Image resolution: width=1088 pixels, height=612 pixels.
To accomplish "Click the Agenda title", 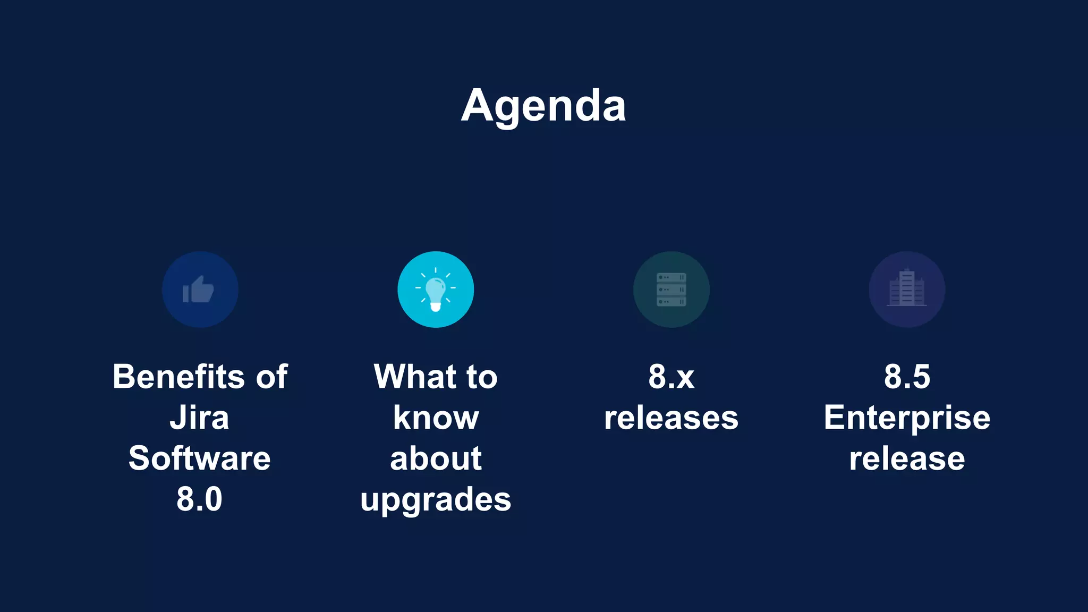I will (x=543, y=106).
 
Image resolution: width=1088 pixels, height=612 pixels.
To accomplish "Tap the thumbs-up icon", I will (x=199, y=290).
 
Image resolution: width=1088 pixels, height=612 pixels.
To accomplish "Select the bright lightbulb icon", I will (x=436, y=290).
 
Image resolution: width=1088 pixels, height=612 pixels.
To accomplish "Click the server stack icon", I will (x=671, y=290).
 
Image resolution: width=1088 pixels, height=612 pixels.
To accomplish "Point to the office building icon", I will (x=907, y=290).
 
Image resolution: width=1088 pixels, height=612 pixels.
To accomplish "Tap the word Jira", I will (x=199, y=418).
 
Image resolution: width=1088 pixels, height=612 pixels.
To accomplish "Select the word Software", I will (x=199, y=458).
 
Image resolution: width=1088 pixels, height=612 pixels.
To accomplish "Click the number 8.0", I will (x=199, y=499).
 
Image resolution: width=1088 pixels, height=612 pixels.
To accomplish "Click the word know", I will (x=436, y=418).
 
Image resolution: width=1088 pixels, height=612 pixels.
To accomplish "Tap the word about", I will (x=436, y=458).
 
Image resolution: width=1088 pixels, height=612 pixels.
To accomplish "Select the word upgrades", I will (x=436, y=500).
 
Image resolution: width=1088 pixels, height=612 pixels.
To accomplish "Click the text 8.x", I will (x=671, y=377).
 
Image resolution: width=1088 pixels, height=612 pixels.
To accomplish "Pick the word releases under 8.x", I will (x=671, y=418).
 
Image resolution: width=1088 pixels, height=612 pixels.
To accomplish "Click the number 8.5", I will (x=907, y=377).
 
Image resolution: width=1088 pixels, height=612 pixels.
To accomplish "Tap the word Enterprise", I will (x=907, y=419).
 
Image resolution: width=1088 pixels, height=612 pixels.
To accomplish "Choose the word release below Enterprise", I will (x=907, y=458).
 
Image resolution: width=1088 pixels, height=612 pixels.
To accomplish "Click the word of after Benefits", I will (x=272, y=377).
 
